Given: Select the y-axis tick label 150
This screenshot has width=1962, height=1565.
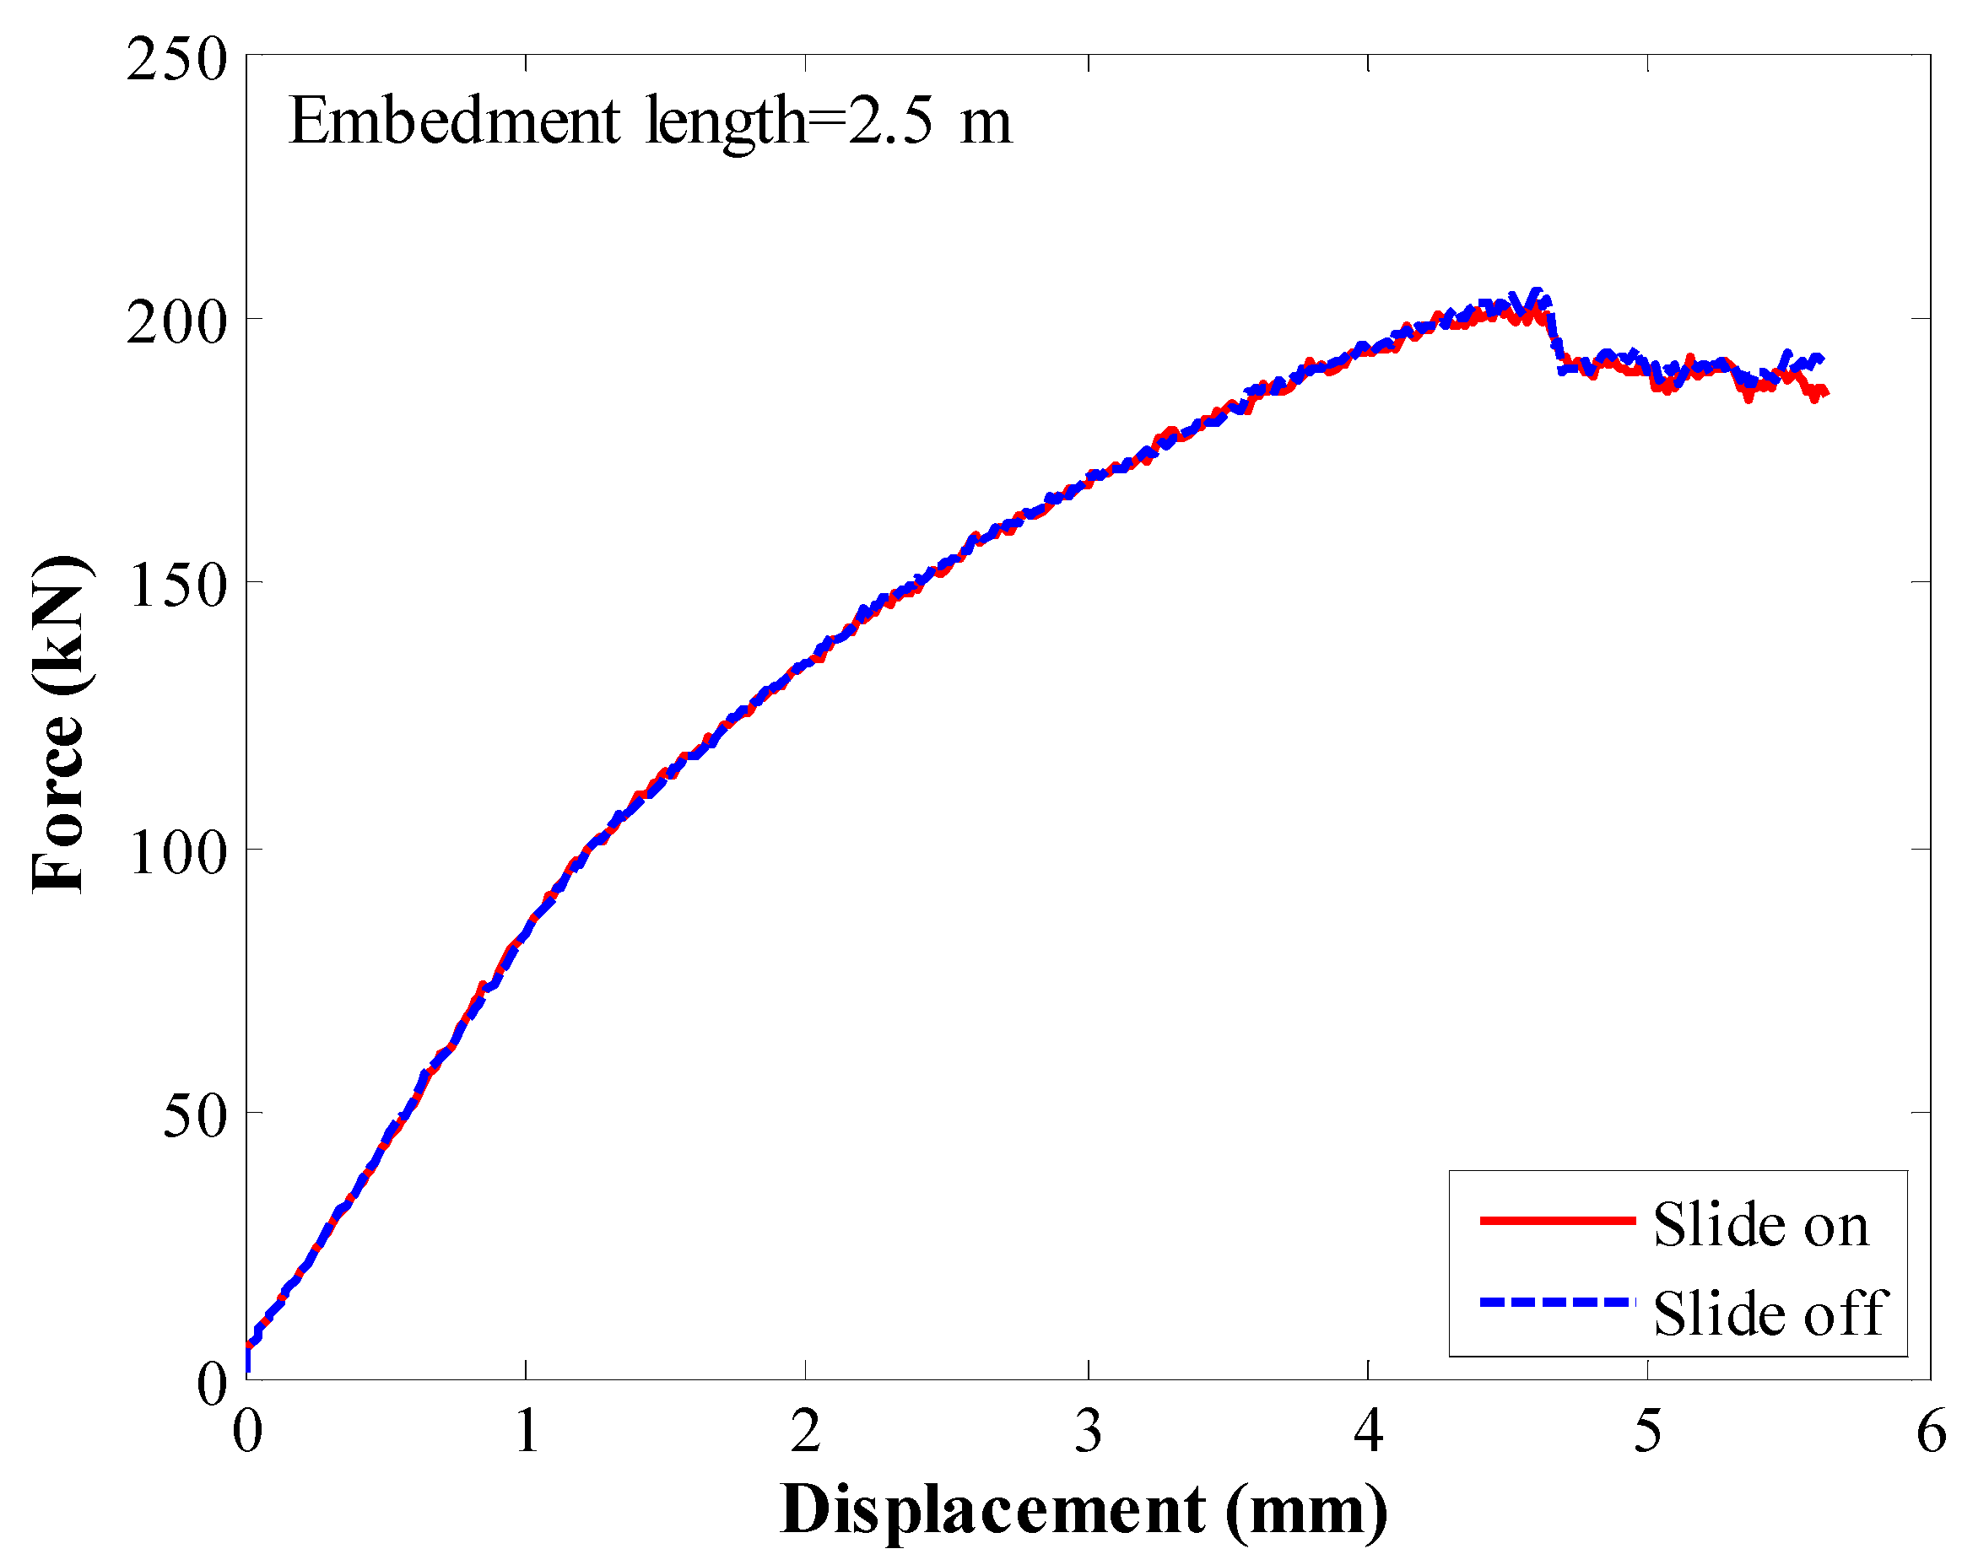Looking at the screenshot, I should coord(176,585).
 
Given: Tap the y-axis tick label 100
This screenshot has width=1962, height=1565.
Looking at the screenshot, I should coord(176,853).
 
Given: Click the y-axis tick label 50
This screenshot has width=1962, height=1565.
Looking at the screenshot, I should coord(194,1116).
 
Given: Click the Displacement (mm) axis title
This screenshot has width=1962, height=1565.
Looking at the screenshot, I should coord(1083,1510).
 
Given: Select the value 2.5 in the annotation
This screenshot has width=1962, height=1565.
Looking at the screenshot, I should coord(890,121).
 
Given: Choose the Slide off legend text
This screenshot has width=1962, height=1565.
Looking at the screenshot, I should coord(1769,1314).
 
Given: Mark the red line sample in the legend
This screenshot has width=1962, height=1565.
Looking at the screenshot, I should coord(1557,1220).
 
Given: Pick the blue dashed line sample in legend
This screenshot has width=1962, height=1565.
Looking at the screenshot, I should coord(1557,1302).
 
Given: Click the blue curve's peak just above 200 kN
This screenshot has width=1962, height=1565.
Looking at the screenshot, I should coord(1537,292).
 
